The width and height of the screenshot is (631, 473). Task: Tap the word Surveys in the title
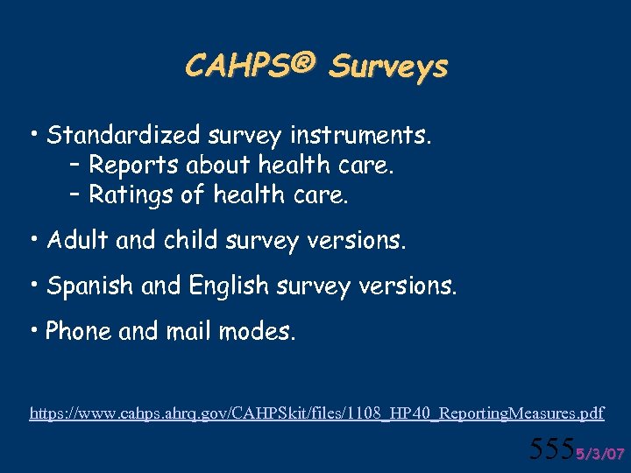(388, 67)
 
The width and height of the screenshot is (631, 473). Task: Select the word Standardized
(124, 135)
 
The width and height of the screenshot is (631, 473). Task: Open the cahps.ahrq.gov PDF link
(316, 412)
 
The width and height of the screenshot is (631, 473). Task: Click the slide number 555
(552, 449)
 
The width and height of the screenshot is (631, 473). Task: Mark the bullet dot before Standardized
(33, 135)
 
